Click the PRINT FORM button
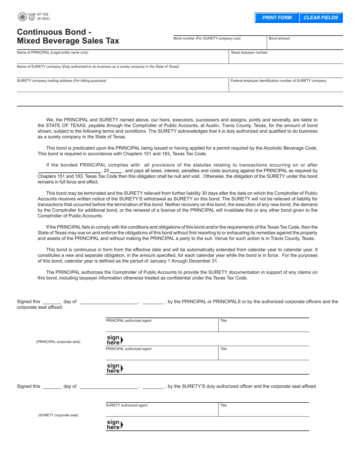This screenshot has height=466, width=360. click(277, 18)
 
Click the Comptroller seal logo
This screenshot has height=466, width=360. click(22, 17)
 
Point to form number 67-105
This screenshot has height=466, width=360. click(43, 14)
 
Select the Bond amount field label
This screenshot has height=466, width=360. click(280, 38)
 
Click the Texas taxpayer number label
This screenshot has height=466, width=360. click(249, 52)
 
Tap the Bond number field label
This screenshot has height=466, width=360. click(207, 38)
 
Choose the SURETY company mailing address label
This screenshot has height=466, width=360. click(62, 81)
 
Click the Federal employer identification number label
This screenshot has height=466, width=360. click(278, 81)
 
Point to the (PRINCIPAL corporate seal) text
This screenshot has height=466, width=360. click(58, 342)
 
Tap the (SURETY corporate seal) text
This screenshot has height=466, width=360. click(58, 415)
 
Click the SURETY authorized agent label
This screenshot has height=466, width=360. click(127, 405)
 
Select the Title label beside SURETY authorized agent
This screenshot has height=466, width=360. click(224, 405)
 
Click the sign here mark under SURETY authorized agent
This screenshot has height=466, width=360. click(114, 424)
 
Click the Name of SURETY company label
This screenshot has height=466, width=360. click(98, 67)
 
